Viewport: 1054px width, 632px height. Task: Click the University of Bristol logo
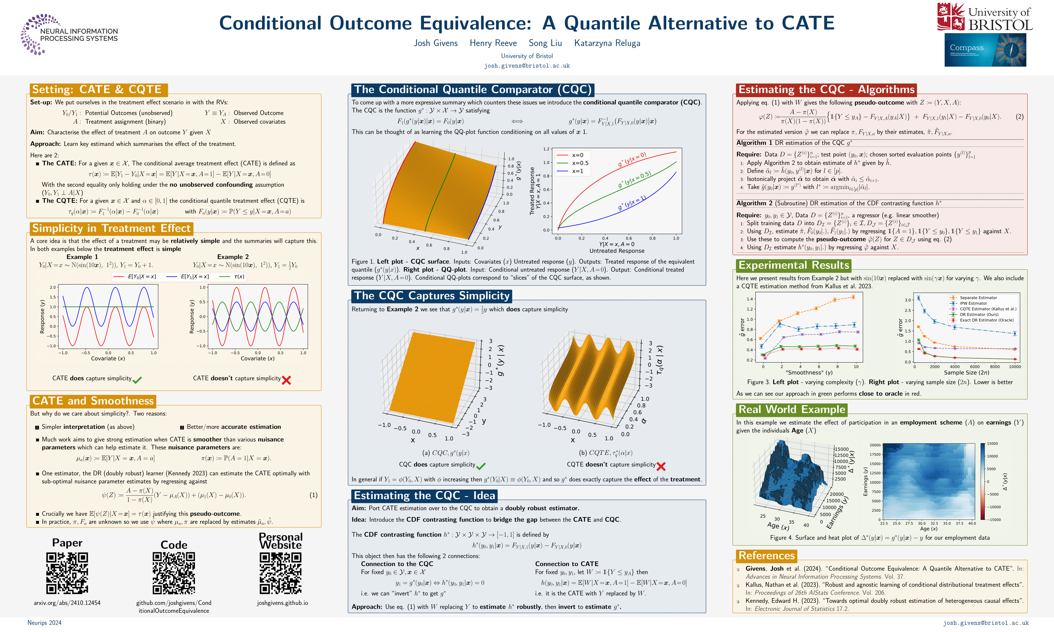[x=984, y=17]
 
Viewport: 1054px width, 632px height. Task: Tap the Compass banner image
[x=985, y=50]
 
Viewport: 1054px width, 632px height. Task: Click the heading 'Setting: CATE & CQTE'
[x=97, y=90]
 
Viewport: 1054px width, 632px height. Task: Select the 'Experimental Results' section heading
[x=793, y=265]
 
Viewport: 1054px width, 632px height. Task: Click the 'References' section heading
[x=767, y=555]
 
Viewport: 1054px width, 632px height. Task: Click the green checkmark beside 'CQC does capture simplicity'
[x=481, y=466]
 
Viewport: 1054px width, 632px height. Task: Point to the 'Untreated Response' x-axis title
[x=617, y=251]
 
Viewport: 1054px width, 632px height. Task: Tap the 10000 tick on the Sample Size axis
[x=1015, y=367]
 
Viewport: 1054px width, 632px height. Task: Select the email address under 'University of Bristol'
[x=526, y=66]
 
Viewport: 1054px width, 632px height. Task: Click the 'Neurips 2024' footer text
[x=44, y=623]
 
